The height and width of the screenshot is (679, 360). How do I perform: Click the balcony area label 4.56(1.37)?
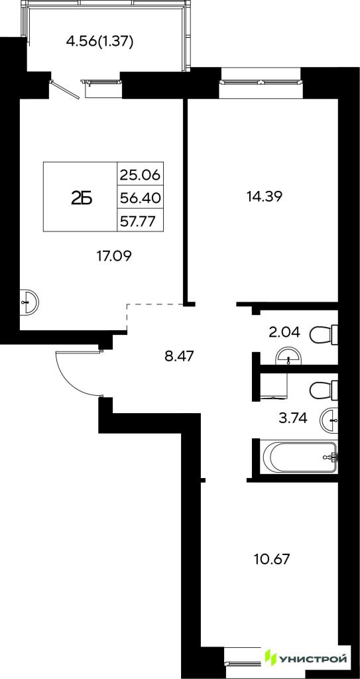pyautogui.click(x=99, y=42)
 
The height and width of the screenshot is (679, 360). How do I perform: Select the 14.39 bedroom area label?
pyautogui.click(x=265, y=196)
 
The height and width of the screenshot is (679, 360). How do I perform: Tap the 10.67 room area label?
pyautogui.click(x=271, y=558)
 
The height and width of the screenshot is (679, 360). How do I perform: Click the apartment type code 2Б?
pyautogui.click(x=82, y=198)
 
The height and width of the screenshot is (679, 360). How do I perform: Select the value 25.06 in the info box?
pyautogui.click(x=140, y=175)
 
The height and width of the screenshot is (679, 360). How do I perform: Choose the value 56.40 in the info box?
pyautogui.click(x=140, y=198)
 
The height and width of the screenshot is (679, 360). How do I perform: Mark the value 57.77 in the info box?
pyautogui.click(x=140, y=220)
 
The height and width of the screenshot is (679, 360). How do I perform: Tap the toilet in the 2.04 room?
pyautogui.click(x=324, y=334)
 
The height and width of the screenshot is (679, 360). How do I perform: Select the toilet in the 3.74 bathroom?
pyautogui.click(x=324, y=390)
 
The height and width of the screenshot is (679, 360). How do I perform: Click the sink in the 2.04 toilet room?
pyautogui.click(x=289, y=356)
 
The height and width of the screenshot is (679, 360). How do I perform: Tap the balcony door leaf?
pyautogui.click(x=65, y=90)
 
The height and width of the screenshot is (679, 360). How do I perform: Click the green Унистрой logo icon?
pyautogui.click(x=271, y=660)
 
